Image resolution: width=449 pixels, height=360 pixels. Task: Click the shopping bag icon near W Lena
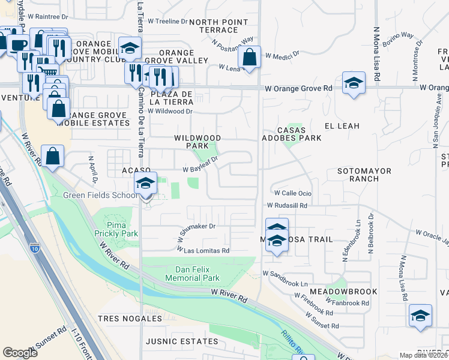click(249, 58)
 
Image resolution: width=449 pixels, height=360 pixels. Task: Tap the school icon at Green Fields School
click(145, 185)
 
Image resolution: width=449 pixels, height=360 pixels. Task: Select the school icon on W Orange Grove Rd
click(354, 83)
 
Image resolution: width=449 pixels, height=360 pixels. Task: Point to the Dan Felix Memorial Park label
click(197, 274)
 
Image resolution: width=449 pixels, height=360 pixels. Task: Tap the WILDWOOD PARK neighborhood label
click(197, 142)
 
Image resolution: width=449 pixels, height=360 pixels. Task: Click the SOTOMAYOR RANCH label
click(364, 175)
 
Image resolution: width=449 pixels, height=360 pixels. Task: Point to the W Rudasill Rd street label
click(288, 205)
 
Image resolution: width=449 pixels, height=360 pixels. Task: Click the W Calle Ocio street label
click(293, 193)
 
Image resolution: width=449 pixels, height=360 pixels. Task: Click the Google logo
click(20, 353)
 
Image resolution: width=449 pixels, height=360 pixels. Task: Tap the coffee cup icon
click(18, 44)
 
